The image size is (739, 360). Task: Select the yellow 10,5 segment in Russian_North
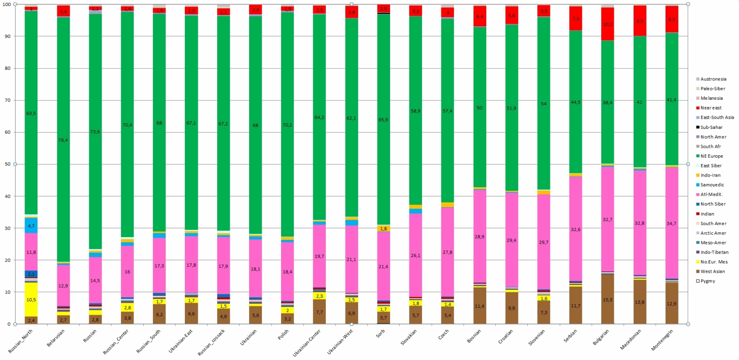coord(31,299)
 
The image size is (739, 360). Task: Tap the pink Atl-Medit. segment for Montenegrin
coord(672,223)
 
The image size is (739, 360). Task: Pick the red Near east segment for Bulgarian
coord(608,24)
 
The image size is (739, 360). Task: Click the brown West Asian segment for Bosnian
coord(480,305)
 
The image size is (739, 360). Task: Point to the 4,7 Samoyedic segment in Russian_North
coord(31,226)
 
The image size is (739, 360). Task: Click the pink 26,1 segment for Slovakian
coord(415,255)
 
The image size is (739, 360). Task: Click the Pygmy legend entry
coord(708,281)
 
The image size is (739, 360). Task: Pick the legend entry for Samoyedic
coord(712,185)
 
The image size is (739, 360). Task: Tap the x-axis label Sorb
coord(380,334)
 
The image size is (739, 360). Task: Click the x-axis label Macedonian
coord(632,340)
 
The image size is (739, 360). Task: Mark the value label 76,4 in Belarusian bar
coord(63,140)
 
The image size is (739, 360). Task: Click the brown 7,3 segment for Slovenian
coord(544,312)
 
